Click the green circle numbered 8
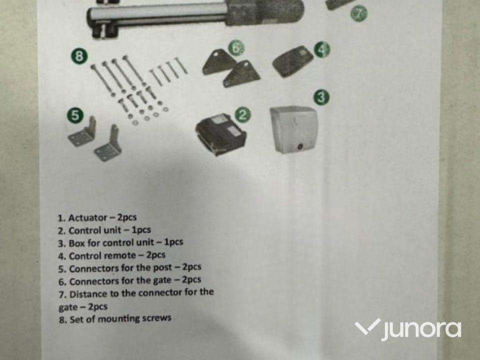coord(79,56)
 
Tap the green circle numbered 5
coord(75,115)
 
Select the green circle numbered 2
coord(243,115)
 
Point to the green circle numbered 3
coord(321,97)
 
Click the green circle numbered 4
coord(322,49)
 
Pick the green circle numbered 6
coord(236,48)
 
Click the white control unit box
coord(294,129)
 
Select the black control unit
coord(221,134)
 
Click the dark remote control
coord(292,61)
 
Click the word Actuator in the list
coord(87,218)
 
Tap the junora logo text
coord(421,330)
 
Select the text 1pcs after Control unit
coord(141,230)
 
